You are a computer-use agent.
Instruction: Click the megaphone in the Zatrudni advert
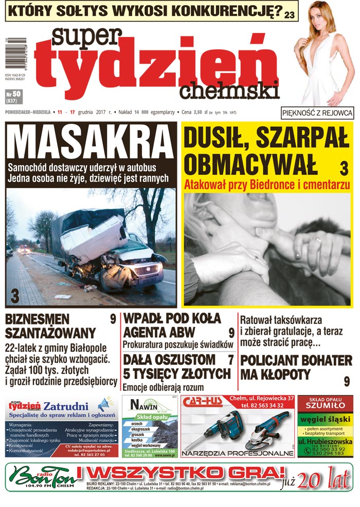[104, 403]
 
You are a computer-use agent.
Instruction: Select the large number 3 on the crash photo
[15, 297]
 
